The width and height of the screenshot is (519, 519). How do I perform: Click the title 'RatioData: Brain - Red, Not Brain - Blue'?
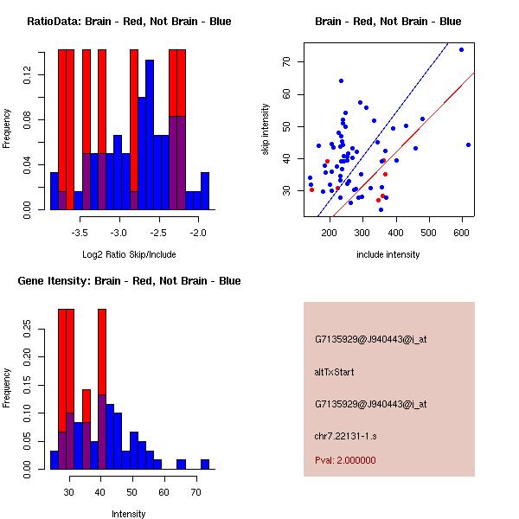coord(129,22)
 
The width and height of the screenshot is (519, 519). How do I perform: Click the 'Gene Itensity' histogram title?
coord(128,281)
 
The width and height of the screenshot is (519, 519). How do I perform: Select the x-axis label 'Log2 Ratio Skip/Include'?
coord(129,254)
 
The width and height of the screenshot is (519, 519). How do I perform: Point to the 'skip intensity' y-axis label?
coord(266,130)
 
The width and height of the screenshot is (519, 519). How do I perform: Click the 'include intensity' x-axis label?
coord(388,254)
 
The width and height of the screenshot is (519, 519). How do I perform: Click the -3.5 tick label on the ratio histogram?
coord(80,233)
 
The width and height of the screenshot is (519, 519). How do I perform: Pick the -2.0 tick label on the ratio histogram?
coord(198,233)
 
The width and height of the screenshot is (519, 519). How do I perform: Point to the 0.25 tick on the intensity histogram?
coord(27,329)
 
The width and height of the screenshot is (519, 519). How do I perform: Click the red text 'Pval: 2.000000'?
coord(345,460)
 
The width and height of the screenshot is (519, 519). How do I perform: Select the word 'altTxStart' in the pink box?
coord(335,372)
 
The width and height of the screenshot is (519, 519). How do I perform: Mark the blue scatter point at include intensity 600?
coord(461,49)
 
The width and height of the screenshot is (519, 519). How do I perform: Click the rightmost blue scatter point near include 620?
coord(468,144)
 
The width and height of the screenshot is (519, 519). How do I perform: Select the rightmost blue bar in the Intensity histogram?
coord(205,465)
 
